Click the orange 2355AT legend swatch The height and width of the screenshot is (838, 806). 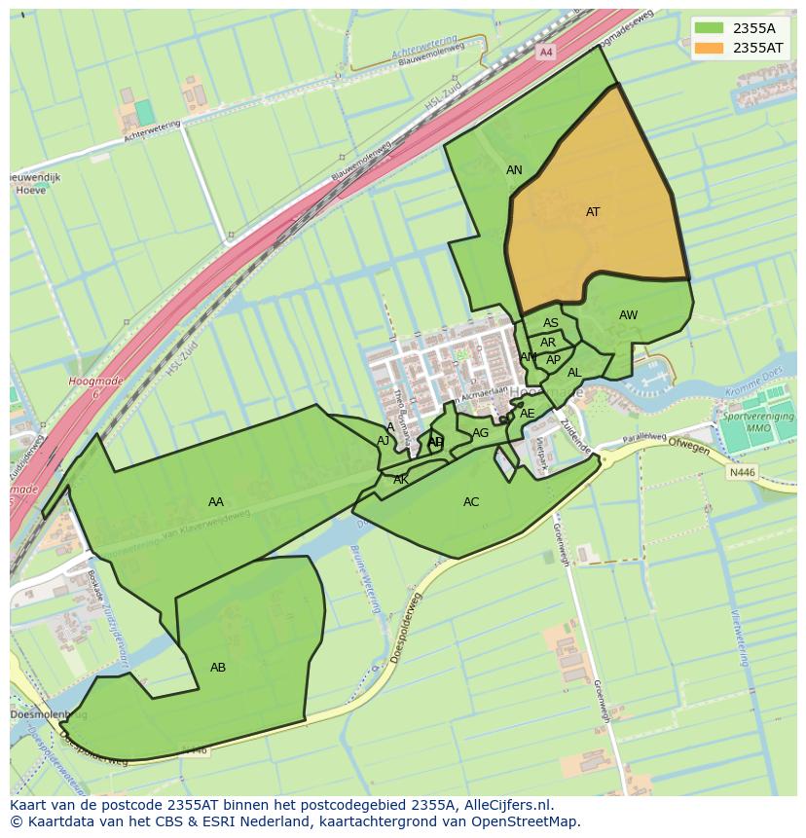709,48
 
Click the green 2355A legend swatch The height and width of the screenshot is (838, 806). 709,28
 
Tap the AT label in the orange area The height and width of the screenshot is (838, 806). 593,212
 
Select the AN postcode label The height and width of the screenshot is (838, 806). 514,170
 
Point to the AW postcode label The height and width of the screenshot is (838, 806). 628,315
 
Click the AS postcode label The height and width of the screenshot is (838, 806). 551,324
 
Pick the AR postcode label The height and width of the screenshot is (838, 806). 548,343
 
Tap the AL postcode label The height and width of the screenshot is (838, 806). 574,373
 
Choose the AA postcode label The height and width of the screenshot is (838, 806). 216,502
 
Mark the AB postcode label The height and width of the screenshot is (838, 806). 218,668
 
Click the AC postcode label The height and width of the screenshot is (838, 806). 471,502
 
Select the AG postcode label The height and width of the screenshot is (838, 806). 480,433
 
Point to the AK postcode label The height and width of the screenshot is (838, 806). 401,480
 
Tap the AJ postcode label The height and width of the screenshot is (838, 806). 384,441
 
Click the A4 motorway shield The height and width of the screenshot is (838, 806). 546,52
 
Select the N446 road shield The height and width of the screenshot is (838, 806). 742,473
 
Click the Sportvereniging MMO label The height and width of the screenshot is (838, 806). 758,422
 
